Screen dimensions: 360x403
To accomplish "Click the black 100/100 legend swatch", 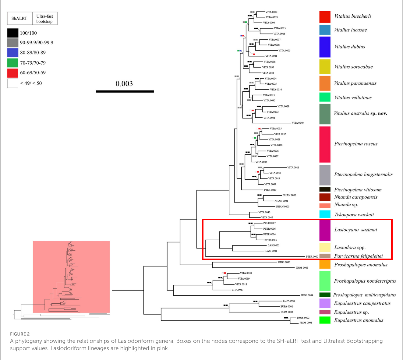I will pos(12,33).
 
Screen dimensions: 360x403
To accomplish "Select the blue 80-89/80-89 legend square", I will pos(12,53).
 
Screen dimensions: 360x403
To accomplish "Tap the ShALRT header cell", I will pos(19,19).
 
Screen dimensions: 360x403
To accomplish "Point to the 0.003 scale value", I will pos(124,84).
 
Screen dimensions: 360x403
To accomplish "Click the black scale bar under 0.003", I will pos(125,91).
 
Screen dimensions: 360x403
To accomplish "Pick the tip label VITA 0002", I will pos(271,12).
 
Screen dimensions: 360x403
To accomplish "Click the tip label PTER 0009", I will pos(270,190).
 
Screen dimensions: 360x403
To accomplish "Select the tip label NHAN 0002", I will pos(289,195).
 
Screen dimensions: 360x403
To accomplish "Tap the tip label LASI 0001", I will pos(271,251).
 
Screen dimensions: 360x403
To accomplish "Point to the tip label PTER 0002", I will pos(312,256).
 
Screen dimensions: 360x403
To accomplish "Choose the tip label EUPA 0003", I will pos(287,312).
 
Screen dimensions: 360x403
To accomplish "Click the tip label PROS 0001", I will pos(306,323).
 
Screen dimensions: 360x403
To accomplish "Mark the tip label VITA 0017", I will pos(237,290).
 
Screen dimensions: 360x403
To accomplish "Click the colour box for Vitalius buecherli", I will pos(325,17).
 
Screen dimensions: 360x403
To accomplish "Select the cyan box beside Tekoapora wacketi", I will pos(325,214).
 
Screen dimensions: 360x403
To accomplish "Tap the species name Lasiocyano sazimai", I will pos(355,230).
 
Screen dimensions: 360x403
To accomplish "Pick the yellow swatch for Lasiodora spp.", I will pos(325,247).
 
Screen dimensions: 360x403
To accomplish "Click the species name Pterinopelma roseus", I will pos(355,144).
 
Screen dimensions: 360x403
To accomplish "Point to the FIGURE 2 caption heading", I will pos(20,334).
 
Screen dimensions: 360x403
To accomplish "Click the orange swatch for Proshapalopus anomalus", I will pos(325,264).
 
